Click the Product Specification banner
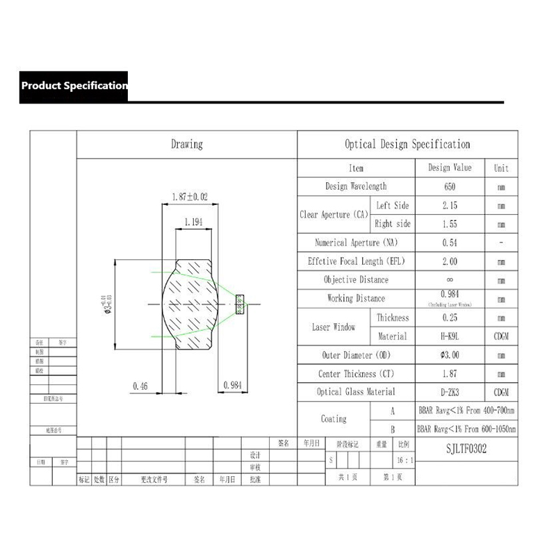click(74, 86)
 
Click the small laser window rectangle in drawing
click(240, 303)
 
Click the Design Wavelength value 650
click(450, 187)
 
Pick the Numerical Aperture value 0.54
click(450, 243)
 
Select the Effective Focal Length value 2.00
click(450, 262)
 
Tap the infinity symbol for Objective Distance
click(450, 280)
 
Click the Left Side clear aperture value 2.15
click(450, 206)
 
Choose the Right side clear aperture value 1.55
click(450, 224)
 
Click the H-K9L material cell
click(450, 336)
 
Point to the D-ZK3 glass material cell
click(450, 393)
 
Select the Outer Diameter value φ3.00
click(450, 355)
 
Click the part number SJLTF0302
click(466, 449)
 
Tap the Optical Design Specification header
click(407, 145)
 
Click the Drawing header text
click(186, 145)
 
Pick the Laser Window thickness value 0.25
click(450, 318)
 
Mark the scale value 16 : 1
click(404, 460)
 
